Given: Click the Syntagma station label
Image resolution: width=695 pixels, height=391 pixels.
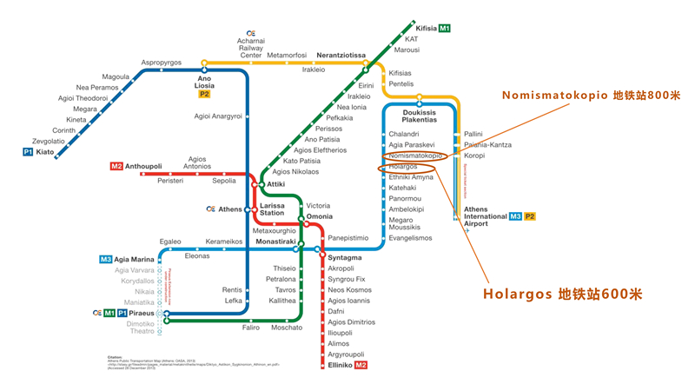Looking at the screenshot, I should tap(344, 258).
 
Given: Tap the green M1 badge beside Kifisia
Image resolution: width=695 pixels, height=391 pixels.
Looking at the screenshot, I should tap(444, 29).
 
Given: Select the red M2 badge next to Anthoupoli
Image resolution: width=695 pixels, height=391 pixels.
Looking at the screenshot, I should tap(116, 167).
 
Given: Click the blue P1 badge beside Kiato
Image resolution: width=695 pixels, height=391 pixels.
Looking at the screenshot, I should tap(28, 152).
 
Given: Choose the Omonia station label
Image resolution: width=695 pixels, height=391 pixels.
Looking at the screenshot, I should tap(320, 217).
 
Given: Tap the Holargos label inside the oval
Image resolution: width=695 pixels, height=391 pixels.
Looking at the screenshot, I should tap(403, 166).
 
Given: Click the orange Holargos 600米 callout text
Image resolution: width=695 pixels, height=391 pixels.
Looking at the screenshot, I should tap(562, 294).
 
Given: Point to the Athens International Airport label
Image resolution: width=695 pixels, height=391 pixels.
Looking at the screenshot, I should tap(484, 216).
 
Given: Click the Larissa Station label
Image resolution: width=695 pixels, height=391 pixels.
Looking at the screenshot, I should tap(272, 209).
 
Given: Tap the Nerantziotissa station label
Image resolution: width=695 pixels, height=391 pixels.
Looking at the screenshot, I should tap(341, 55).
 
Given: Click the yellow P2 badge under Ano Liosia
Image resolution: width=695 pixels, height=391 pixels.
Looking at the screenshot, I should tap(204, 94).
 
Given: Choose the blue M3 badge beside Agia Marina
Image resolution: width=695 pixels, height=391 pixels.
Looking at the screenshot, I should tap(105, 259).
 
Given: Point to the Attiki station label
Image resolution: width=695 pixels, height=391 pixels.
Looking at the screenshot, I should tap(276, 184).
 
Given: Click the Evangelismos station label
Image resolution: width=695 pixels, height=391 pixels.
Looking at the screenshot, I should tap(410, 238).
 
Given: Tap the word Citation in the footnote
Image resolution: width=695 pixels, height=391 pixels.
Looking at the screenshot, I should tap(118, 356).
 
